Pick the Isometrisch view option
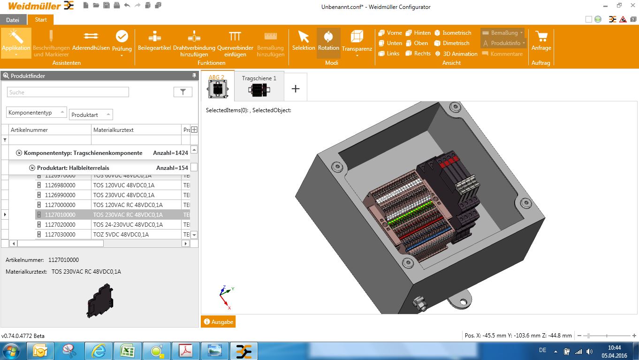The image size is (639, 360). [x=453, y=33]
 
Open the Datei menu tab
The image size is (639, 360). [x=13, y=20]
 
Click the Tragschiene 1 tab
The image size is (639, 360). [x=259, y=86]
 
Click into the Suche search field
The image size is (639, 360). [x=68, y=92]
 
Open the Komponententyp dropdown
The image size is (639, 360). [x=37, y=113]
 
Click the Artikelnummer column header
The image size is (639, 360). [x=49, y=130]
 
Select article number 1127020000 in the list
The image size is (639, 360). [x=60, y=225]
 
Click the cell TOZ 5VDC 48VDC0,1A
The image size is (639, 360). [x=121, y=235]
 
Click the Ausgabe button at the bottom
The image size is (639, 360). [x=218, y=322]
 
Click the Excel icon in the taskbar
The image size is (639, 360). [x=128, y=351]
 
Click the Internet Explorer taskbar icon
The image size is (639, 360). [x=99, y=351]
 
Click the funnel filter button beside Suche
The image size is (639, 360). [x=183, y=92]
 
